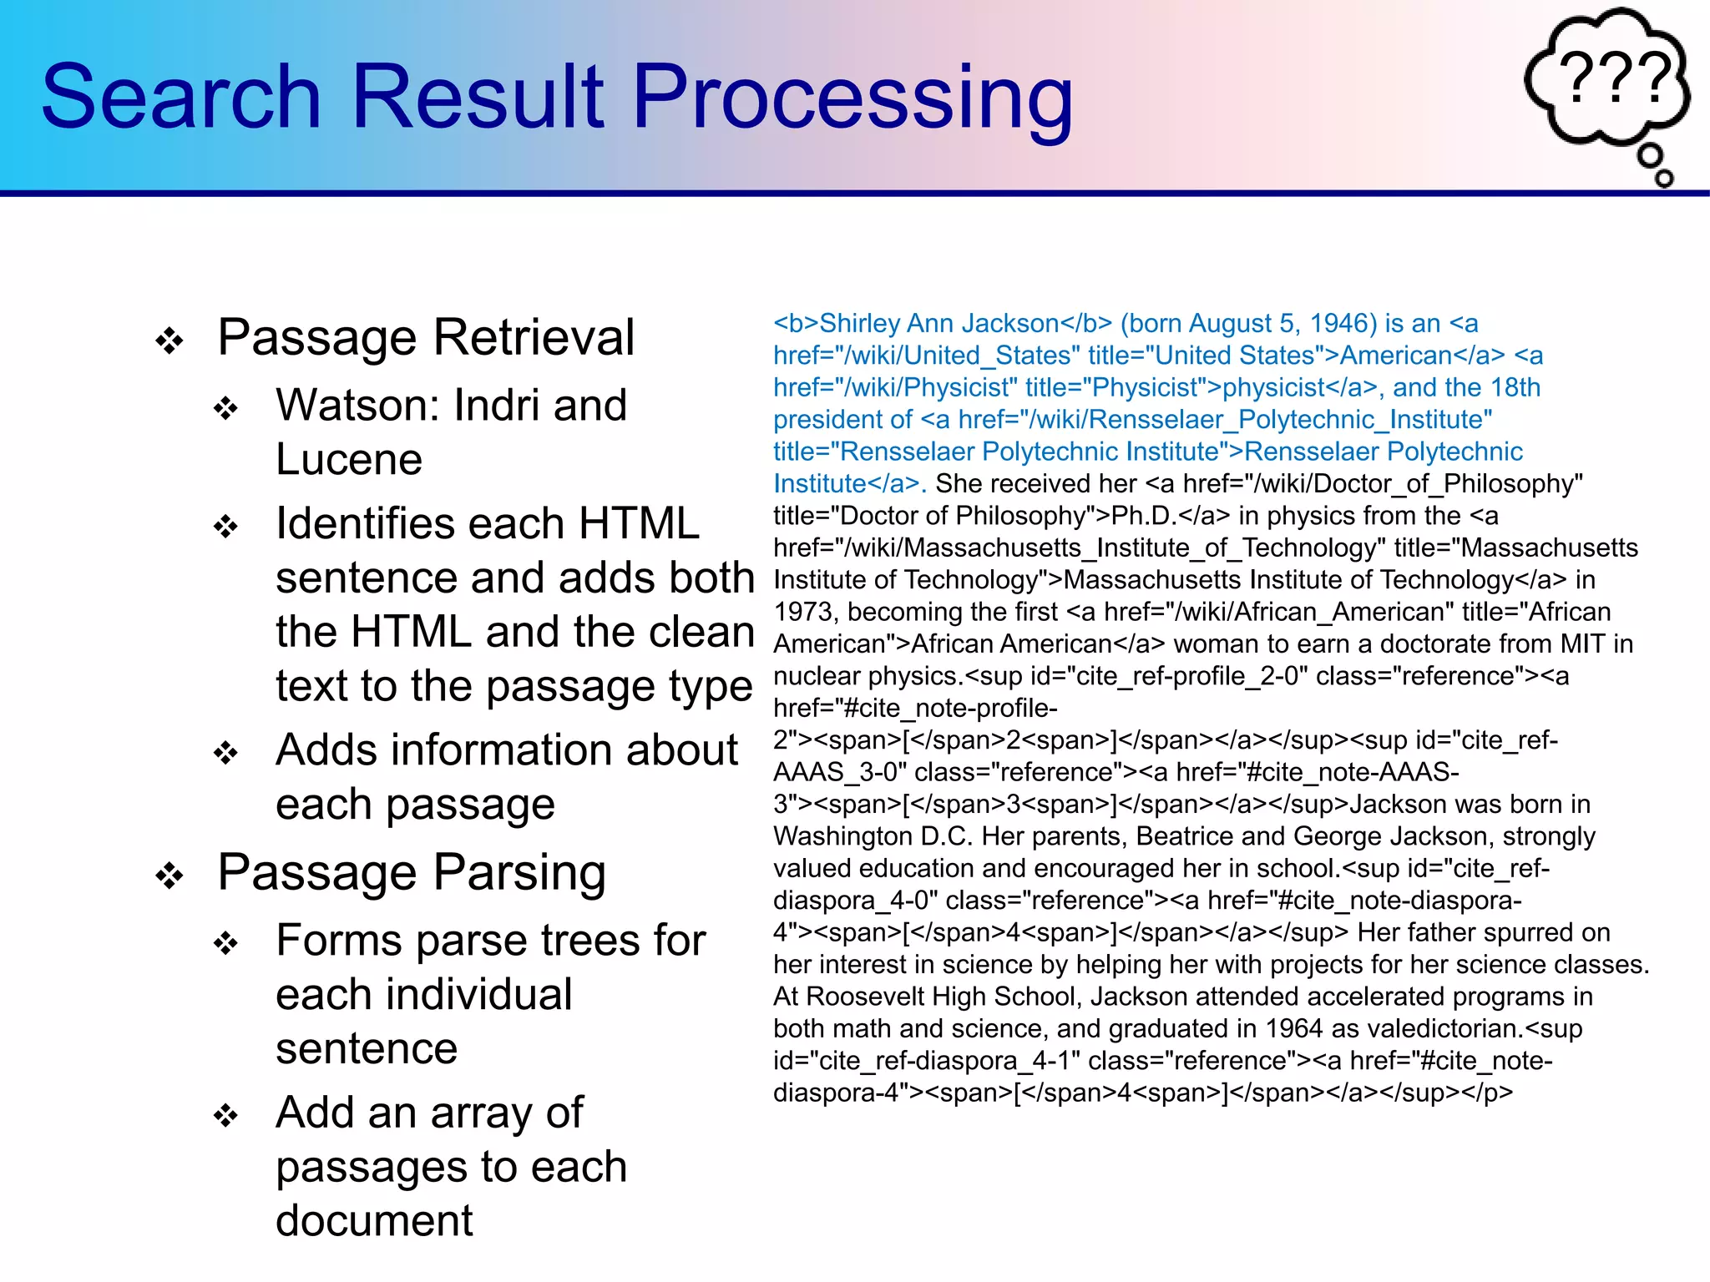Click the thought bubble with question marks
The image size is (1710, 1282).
tap(1608, 80)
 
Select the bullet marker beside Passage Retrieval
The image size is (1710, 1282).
tap(169, 341)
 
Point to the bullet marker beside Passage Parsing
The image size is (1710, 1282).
tap(169, 876)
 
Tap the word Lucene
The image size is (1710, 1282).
tap(349, 460)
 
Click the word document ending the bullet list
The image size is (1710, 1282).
tap(374, 1221)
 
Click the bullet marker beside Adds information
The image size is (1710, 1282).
tap(225, 753)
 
